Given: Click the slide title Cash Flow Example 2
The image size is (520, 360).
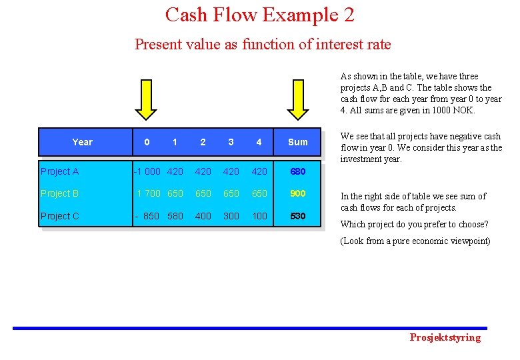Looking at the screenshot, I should click(260, 15).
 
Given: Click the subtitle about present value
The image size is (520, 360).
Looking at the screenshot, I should click(263, 45).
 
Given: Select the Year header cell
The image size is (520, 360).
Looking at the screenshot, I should click(82, 142).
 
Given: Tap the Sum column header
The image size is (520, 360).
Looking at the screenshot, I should click(297, 142).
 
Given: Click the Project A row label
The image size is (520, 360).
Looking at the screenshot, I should click(60, 171).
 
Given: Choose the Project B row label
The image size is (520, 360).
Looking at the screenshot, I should click(60, 193).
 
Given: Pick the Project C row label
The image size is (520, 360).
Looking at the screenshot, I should click(60, 215).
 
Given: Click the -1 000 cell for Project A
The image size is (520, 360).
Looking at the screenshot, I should click(147, 171).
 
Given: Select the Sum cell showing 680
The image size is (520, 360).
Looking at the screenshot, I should click(297, 171).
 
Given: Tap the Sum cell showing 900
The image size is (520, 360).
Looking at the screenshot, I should click(297, 193).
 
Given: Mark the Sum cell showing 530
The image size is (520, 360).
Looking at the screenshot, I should click(297, 215).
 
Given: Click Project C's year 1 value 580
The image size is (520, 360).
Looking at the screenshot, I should click(175, 215).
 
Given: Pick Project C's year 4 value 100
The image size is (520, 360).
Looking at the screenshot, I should click(259, 215).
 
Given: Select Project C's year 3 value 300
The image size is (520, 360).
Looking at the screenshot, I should click(231, 215).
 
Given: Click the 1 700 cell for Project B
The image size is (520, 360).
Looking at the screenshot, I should click(148, 193).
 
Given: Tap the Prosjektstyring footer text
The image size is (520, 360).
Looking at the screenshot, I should click(445, 337).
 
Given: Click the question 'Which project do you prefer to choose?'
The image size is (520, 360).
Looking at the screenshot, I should click(414, 224).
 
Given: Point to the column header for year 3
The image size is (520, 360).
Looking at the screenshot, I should click(231, 142).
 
